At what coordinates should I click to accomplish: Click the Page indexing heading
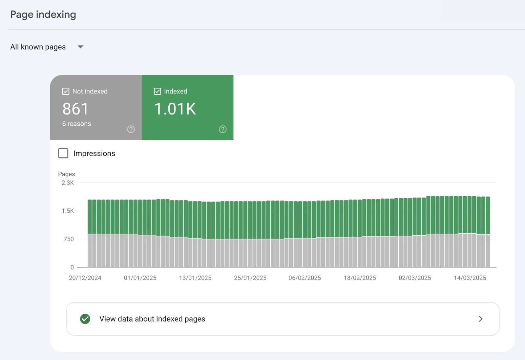click(x=43, y=14)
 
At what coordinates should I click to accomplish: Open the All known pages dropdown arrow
click(x=80, y=47)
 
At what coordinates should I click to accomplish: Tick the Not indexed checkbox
click(x=66, y=91)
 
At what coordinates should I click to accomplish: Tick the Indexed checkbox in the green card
click(x=157, y=91)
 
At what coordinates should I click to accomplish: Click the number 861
click(x=75, y=109)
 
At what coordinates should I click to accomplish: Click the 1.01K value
click(x=175, y=109)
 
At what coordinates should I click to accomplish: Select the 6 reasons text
click(x=76, y=124)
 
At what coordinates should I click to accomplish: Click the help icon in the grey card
click(x=131, y=129)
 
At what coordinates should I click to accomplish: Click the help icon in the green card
click(x=223, y=129)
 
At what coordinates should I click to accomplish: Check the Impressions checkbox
click(x=63, y=153)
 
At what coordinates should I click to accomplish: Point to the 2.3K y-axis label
click(x=68, y=183)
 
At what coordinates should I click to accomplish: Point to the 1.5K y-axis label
click(x=68, y=211)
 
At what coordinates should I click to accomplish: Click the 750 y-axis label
click(x=69, y=239)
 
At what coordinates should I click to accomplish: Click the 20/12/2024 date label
click(x=85, y=278)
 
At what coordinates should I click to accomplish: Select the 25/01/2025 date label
click(x=250, y=278)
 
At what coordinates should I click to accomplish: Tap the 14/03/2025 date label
click(x=470, y=278)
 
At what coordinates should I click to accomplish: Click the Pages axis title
click(x=66, y=174)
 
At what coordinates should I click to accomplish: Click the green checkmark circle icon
click(x=85, y=319)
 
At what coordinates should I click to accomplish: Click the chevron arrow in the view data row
click(x=480, y=319)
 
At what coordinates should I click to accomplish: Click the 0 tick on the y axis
click(x=72, y=267)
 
